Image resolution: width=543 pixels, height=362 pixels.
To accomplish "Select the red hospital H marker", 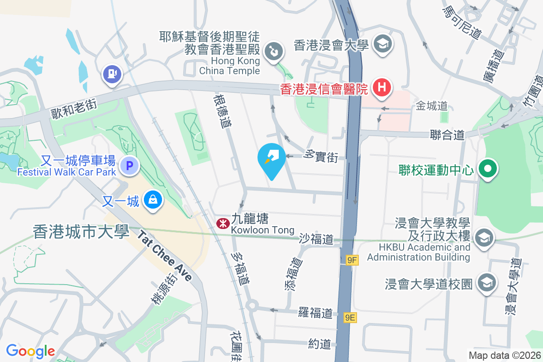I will (381, 87).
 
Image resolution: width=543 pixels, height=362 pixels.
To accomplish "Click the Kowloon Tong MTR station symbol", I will (222, 224).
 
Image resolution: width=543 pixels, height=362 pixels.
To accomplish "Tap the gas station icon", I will (111, 73).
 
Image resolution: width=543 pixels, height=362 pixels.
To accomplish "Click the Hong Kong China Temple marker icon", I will (274, 51).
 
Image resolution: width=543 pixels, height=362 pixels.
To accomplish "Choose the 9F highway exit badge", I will (352, 260).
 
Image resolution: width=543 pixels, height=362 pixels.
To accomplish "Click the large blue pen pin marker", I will (271, 159).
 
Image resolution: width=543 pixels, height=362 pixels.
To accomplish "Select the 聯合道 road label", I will (448, 134).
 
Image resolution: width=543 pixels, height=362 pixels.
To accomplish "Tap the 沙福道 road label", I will (316, 239).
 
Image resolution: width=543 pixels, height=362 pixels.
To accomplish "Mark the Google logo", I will (31, 351).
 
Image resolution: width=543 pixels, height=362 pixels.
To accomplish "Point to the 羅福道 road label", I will (315, 313).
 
